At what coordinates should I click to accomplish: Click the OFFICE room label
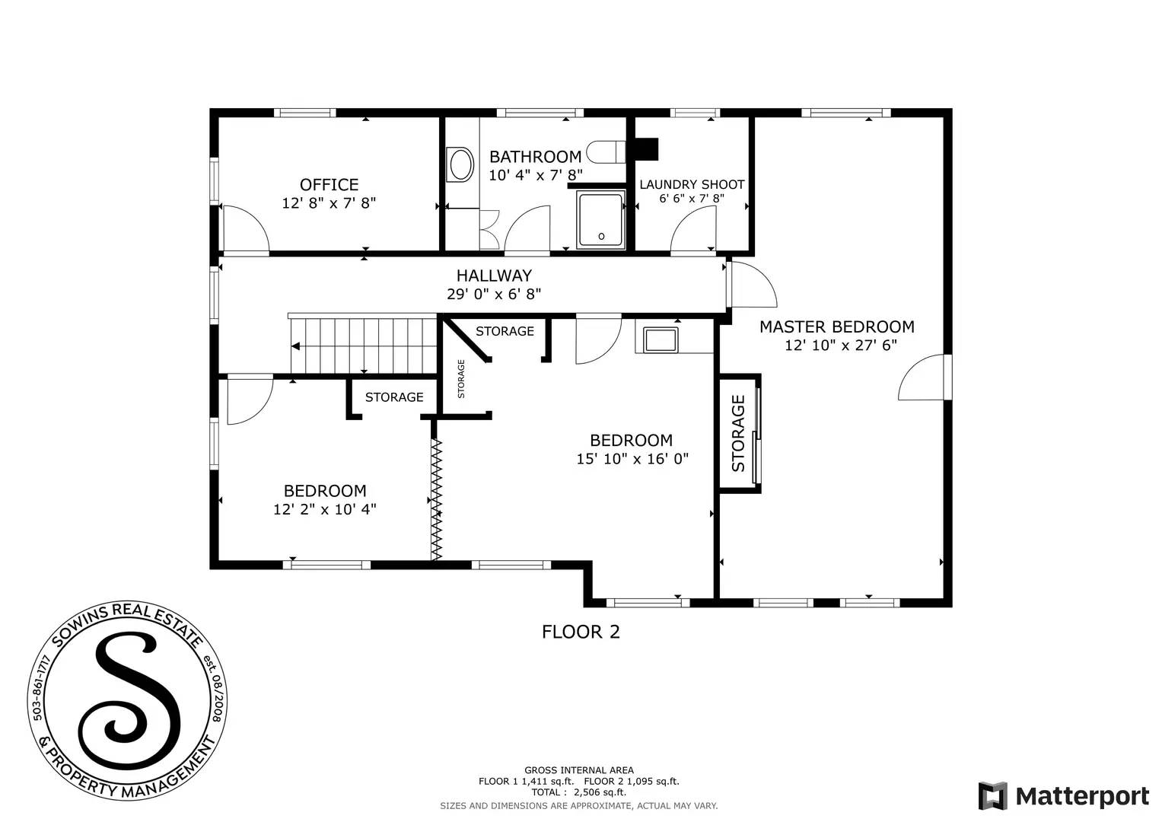coord(329,185)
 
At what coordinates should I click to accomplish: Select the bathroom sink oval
coord(460,164)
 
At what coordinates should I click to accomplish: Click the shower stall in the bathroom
coord(601,220)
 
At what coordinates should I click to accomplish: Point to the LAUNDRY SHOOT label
coord(691,184)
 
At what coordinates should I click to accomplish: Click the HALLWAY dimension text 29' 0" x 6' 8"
coord(494,294)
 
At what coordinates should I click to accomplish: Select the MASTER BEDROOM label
coord(836,327)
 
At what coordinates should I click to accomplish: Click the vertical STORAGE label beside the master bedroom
coord(738,432)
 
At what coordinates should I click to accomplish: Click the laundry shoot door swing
coord(692,228)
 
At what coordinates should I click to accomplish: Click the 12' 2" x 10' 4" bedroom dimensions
coord(325,509)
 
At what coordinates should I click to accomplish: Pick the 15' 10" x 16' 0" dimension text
coord(632,458)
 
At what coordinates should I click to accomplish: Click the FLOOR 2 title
coord(581,632)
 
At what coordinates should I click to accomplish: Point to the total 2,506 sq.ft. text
coord(579,792)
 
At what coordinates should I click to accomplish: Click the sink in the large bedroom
coord(660,339)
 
